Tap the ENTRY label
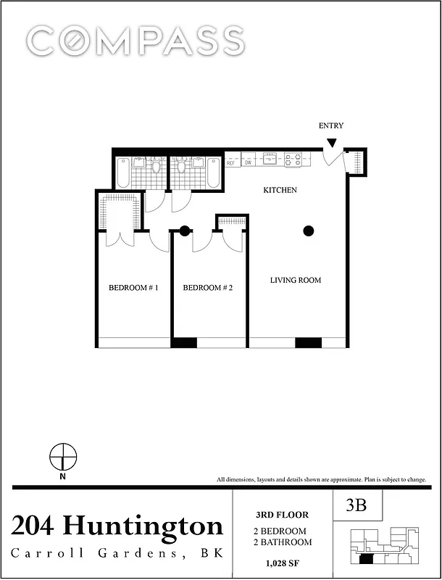coord(331,126)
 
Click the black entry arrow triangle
coord(331,143)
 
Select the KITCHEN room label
coord(280,190)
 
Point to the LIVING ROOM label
coord(296,281)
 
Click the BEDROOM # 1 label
coord(133,288)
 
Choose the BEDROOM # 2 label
coord(207,288)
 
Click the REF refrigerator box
coord(232,163)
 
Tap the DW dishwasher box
coord(248,163)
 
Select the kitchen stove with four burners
coord(293,159)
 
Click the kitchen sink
coord(270,158)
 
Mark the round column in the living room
coord(309,231)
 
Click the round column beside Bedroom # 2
coord(185,231)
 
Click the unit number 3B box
coord(356,507)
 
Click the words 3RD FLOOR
coord(282,515)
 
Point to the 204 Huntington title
coord(117,526)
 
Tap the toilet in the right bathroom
coord(182,167)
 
